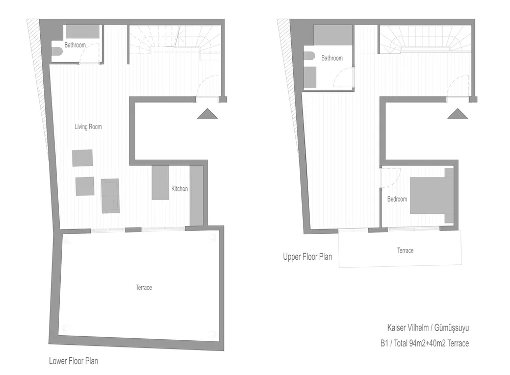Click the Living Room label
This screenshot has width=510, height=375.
pos(88,127)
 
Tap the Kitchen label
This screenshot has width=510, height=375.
pos(179,189)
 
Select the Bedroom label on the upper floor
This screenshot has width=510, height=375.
pos(397,199)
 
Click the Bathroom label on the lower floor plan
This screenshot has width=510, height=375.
pos(75,45)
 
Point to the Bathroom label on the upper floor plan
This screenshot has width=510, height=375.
pos(331,58)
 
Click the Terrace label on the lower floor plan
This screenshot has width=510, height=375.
pos(144,288)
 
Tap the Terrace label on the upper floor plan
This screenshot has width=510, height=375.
pos(405,251)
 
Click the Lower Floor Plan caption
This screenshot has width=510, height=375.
pos(73,361)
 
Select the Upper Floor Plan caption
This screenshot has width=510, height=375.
pos(308,257)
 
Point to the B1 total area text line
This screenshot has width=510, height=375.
pos(424,343)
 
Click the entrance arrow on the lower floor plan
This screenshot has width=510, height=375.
pos(207,114)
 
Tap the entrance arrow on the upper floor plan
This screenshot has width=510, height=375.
pos(458,114)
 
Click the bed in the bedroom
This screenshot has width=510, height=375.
pos(431,195)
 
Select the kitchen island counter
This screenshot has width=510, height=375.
pos(160,183)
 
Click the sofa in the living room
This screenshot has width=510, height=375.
pos(110,195)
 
